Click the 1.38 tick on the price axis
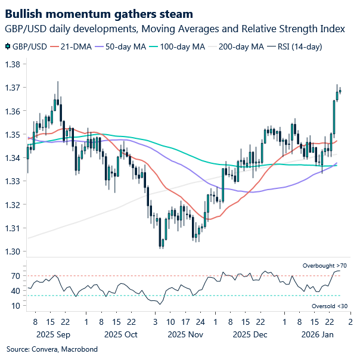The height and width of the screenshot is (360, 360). [x=13, y=64]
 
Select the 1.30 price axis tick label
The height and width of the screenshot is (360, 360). [x=13, y=252]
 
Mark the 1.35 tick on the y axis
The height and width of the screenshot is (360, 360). [x=13, y=135]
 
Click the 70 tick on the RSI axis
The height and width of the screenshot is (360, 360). [x=15, y=276]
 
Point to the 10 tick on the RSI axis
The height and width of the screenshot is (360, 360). [x=15, y=306]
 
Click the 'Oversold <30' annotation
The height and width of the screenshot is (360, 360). [x=328, y=306]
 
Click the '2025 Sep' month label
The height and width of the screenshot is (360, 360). [x=54, y=334]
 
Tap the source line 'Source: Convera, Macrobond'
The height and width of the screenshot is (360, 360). [x=52, y=349]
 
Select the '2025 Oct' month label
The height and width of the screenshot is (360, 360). [x=120, y=334]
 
